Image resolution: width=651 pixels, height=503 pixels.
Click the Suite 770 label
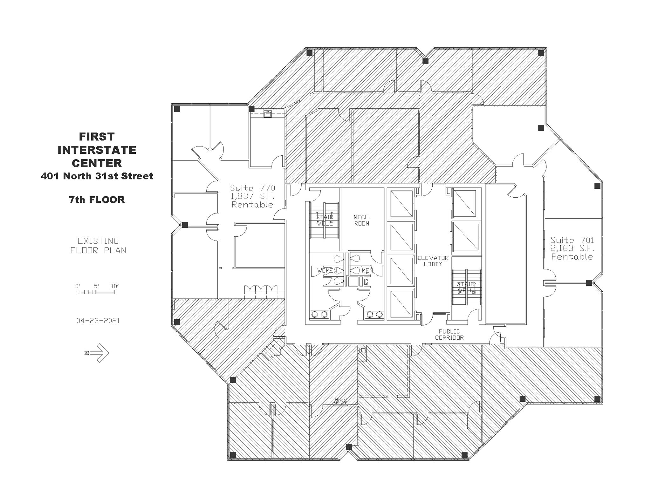click(252, 188)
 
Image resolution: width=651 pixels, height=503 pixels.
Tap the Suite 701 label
click(572, 240)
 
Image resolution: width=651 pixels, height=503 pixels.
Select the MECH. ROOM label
click(362, 220)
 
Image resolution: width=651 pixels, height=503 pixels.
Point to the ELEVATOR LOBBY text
click(433, 261)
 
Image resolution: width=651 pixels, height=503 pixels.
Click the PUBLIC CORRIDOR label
click(449, 335)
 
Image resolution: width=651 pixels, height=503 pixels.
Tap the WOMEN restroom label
click(327, 270)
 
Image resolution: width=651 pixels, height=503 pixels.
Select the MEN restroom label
click(367, 270)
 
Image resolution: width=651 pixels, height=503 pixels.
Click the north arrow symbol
click(98, 353)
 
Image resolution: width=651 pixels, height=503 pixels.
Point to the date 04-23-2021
click(98, 321)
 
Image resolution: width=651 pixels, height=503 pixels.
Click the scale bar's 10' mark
click(114, 286)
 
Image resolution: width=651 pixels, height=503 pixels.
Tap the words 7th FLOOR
click(97, 200)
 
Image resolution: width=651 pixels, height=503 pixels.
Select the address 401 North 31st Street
click(97, 176)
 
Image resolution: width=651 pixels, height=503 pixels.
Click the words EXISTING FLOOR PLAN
click(98, 246)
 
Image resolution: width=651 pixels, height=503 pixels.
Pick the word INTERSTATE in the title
click(97, 150)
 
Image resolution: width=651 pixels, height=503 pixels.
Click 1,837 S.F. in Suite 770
click(252, 196)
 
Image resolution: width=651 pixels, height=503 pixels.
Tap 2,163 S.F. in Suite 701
click(572, 248)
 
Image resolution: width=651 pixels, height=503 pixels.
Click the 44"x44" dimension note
click(340, 399)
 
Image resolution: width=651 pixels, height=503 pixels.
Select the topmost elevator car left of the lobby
click(401, 203)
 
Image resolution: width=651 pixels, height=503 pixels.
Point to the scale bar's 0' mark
click(78, 286)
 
